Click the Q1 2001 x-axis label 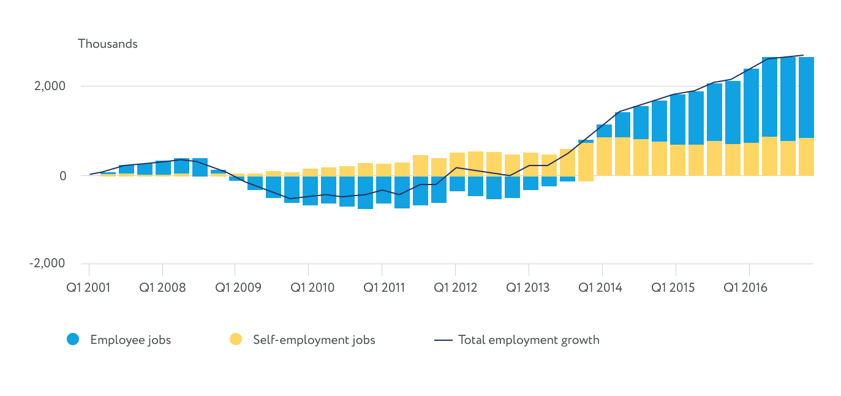(89, 287)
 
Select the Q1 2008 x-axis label (162, 287)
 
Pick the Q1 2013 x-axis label (529, 287)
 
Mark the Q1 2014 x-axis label (600, 287)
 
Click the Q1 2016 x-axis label (745, 287)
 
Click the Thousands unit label (108, 44)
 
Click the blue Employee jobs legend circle (73, 339)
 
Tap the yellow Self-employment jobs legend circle (236, 339)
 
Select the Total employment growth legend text (529, 340)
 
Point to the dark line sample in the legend (443, 340)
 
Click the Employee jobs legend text (130, 340)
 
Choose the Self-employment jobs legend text (314, 340)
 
